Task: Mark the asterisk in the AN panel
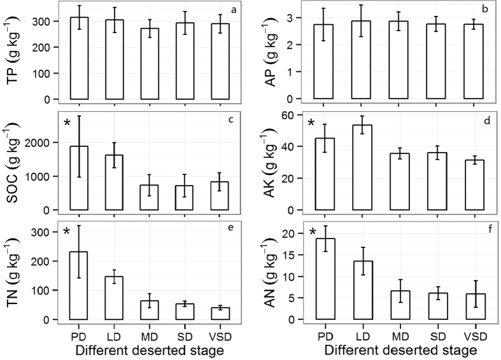(312, 233)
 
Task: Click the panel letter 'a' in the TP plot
(234, 10)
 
